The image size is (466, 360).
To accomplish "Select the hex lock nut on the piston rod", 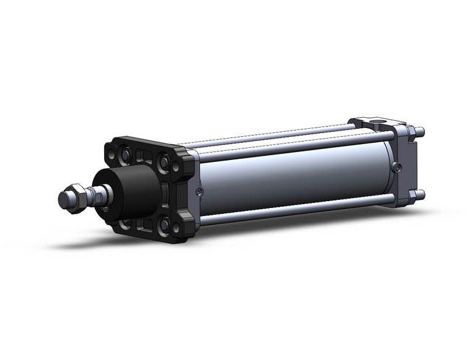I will point(77,198).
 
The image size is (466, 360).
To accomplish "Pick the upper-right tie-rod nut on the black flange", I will point(164,162).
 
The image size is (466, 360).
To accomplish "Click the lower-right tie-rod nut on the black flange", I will point(164,226).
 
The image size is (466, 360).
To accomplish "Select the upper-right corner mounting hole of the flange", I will point(177,167).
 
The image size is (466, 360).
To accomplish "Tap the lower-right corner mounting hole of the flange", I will point(176,228).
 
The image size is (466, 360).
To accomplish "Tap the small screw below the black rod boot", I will point(105,210).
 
